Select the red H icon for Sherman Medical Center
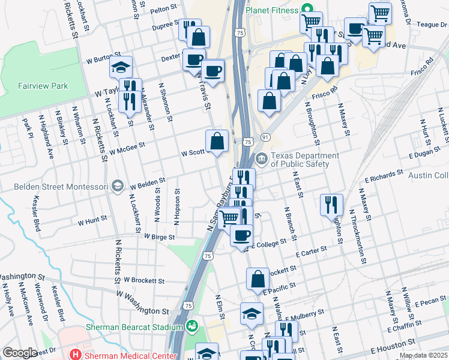click(76, 354)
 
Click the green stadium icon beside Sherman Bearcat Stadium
click(191, 327)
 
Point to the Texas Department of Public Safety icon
click(261, 159)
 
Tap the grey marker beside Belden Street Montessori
click(117, 187)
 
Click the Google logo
click(20, 353)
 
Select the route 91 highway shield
click(265, 138)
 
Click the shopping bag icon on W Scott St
click(217, 142)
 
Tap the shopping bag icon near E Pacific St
click(258, 279)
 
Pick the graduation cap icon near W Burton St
click(121, 67)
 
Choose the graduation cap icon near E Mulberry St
click(252, 313)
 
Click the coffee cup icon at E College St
click(242, 235)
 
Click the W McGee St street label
click(127, 148)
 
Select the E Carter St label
click(311, 251)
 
